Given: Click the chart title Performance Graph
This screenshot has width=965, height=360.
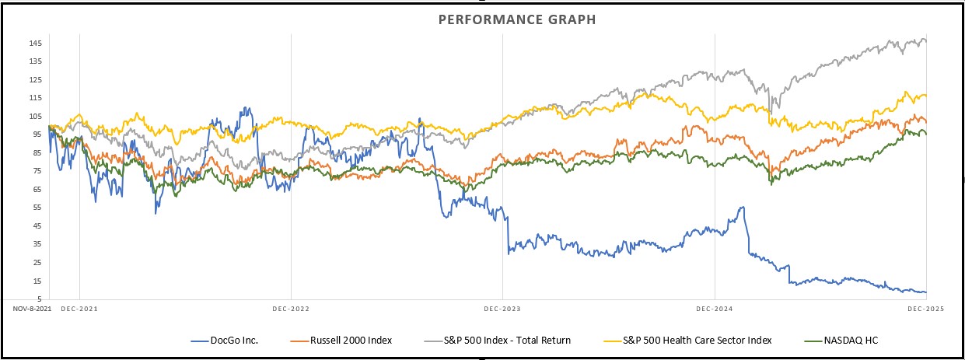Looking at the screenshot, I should pos(516,19).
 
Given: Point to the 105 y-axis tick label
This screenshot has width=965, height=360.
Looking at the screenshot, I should pos(37,116).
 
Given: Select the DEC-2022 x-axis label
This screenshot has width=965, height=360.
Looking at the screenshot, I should pos(290,309).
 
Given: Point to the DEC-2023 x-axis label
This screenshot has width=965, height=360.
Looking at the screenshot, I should pos(502,309).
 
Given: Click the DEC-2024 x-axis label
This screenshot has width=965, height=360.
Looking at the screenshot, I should pos(714,309).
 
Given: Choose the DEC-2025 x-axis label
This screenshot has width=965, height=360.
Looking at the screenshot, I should pos(925,309).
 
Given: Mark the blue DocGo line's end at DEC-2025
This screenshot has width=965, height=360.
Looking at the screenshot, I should pos(925,292).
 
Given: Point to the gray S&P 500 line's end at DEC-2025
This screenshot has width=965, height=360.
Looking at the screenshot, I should pos(925,41).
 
